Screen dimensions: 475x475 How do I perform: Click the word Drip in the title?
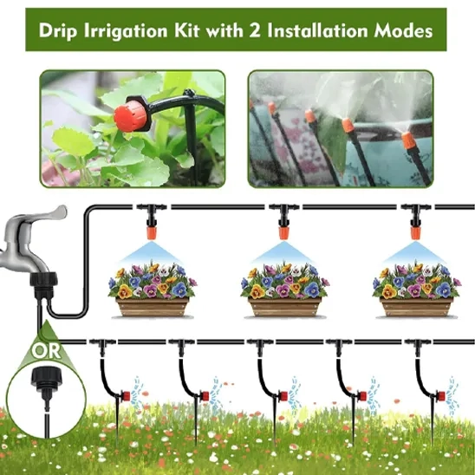[x=57, y=30]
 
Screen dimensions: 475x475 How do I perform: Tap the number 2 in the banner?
[x=255, y=31]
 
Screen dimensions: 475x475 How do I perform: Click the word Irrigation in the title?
[x=126, y=31]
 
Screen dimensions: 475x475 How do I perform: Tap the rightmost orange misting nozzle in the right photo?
[x=407, y=140]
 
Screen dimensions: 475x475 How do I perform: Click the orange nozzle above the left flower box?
[x=152, y=232]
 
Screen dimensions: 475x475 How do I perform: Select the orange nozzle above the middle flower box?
[x=283, y=232]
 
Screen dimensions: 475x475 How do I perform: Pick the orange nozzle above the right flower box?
[x=416, y=232]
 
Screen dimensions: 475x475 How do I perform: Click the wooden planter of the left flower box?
[x=153, y=307]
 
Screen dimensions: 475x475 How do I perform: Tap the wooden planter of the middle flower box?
[x=284, y=307]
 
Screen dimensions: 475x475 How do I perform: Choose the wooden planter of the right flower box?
[x=417, y=307]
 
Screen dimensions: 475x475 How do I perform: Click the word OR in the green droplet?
[x=46, y=351]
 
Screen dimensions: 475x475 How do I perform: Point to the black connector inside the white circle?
[x=47, y=382]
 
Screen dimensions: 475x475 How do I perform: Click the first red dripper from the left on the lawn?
[x=126, y=395]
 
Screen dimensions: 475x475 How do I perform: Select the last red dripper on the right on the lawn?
[x=440, y=395]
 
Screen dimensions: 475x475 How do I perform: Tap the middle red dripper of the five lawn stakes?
[x=283, y=395]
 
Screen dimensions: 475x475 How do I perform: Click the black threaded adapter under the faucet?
[x=44, y=284]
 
